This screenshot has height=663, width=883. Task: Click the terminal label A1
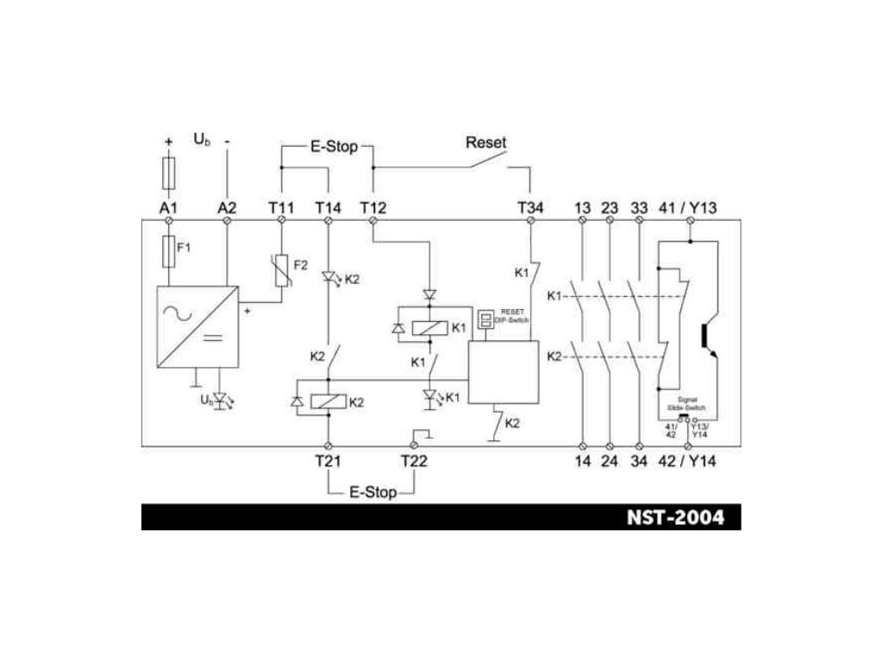coord(168,208)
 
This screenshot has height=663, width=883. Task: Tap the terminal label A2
coord(226,208)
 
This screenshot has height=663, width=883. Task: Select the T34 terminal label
coord(531,208)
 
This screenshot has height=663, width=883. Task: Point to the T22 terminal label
coord(414,461)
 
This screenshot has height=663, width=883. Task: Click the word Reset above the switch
coord(486,142)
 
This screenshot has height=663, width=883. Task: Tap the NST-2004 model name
coord(676,518)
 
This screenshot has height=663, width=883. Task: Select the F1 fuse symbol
coord(168,250)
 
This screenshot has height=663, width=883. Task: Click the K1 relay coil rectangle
coord(429,327)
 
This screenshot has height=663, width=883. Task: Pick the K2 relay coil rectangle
coord(329,401)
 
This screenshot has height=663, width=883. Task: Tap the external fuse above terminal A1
coord(169,173)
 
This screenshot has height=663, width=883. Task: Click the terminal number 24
coord(610,461)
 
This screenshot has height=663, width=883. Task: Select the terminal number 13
coord(583,208)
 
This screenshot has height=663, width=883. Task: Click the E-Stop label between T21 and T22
coord(373,493)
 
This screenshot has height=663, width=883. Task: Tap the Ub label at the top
coord(202,139)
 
